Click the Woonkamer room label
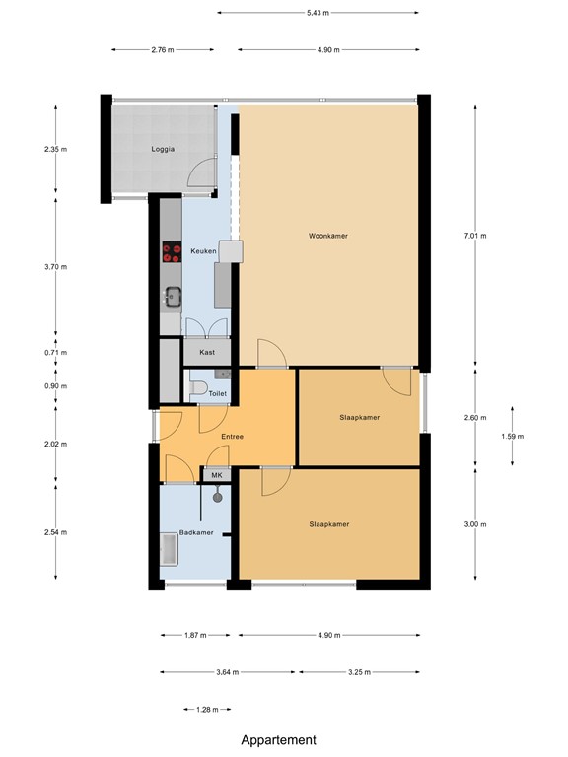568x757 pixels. pos(327,237)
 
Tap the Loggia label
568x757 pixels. pos(163,149)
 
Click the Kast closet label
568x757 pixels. pos(207,352)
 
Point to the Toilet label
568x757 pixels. pos(217,393)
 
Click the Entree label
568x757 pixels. pos(232,437)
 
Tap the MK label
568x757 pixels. pos(216,475)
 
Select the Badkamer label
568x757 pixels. pos(196,533)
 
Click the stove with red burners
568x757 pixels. pos(172,252)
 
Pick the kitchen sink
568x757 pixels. pos(173,295)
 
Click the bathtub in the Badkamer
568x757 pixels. pos(169,550)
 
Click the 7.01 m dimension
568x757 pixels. pos(475,237)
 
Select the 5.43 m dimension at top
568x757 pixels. pos(318,13)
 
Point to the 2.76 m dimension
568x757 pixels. pos(163,49)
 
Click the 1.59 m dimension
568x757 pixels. pos(513,437)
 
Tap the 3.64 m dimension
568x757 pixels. pos(228,672)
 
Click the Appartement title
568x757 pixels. pos(279,740)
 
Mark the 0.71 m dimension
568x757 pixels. pos(56,352)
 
